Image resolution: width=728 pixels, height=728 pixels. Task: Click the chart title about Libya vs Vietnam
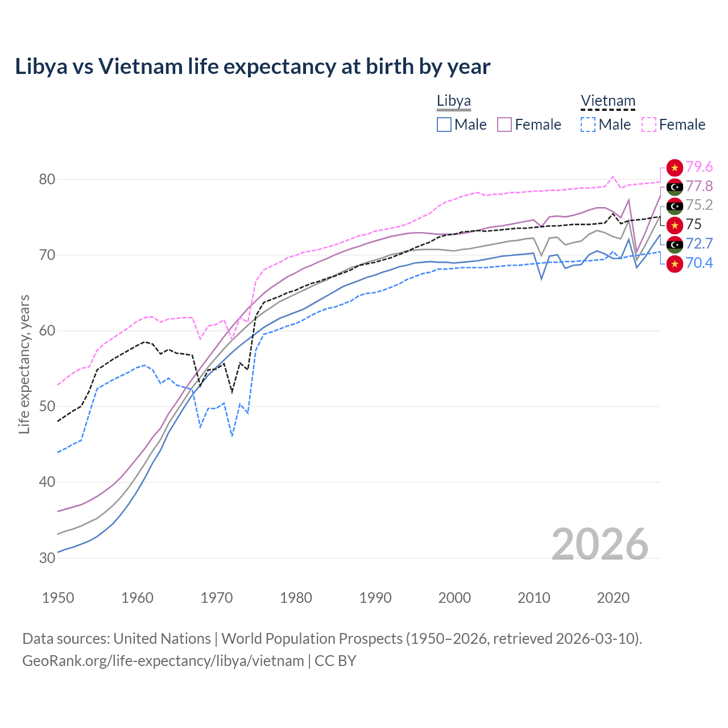tap(253, 67)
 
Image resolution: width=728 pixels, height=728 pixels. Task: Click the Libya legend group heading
tap(453, 101)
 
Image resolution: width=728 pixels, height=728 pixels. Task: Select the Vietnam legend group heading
tap(607, 101)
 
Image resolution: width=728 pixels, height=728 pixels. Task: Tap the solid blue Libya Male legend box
tap(444, 125)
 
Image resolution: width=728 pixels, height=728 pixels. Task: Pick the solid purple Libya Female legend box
tap(504, 125)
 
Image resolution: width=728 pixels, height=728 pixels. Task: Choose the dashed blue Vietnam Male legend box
tap(588, 125)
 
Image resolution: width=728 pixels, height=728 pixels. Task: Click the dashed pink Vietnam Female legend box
tap(648, 125)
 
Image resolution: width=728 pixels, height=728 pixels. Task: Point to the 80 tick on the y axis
tap(47, 179)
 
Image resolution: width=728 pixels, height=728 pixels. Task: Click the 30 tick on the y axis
tap(47, 558)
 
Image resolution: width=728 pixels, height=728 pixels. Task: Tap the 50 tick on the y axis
tap(47, 407)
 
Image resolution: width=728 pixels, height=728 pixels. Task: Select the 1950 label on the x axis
tap(58, 598)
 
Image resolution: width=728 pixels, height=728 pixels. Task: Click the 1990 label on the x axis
tap(375, 598)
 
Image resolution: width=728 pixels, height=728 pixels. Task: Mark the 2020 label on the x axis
tap(613, 598)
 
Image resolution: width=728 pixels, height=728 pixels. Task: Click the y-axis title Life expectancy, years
tap(24, 364)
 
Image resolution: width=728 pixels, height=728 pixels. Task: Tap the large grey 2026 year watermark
tap(599, 544)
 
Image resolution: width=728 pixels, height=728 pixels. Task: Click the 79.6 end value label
tap(699, 167)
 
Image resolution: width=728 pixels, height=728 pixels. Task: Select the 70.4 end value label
tap(699, 263)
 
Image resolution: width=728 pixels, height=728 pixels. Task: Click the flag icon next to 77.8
tap(675, 187)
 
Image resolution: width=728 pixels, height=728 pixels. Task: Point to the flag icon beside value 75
tap(675, 225)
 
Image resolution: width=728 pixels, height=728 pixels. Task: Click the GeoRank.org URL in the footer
tap(163, 661)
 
